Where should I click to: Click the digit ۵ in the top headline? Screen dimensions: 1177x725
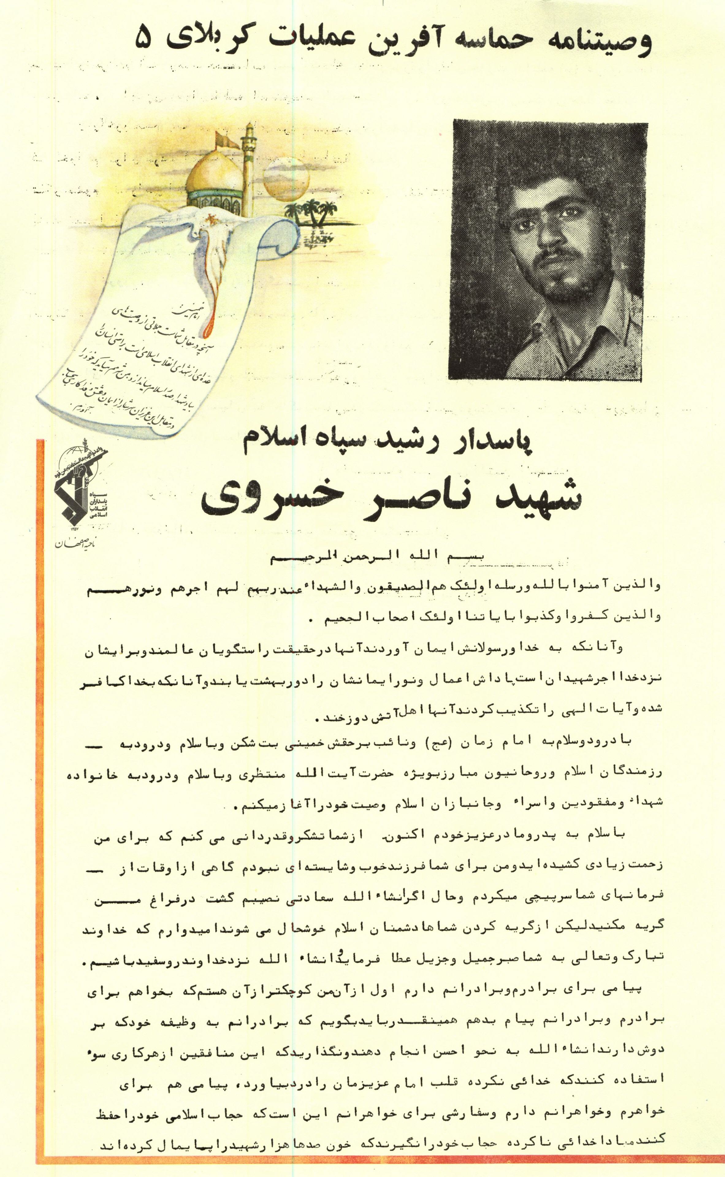click(143, 37)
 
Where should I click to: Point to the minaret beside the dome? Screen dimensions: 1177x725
click(248, 168)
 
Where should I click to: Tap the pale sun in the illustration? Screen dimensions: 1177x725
click(287, 180)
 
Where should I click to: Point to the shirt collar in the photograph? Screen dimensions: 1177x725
click(566, 331)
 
